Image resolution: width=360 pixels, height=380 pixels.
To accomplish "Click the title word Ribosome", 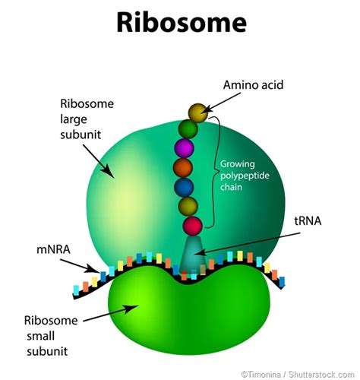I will [180, 23].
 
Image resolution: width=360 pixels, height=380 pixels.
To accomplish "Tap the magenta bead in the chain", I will [184, 147].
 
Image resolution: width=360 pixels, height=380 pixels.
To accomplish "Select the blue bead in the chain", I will [184, 187].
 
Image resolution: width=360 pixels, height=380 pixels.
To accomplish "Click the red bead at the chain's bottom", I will [193, 225].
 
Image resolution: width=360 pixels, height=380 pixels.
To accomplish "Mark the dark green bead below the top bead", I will [188, 128].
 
